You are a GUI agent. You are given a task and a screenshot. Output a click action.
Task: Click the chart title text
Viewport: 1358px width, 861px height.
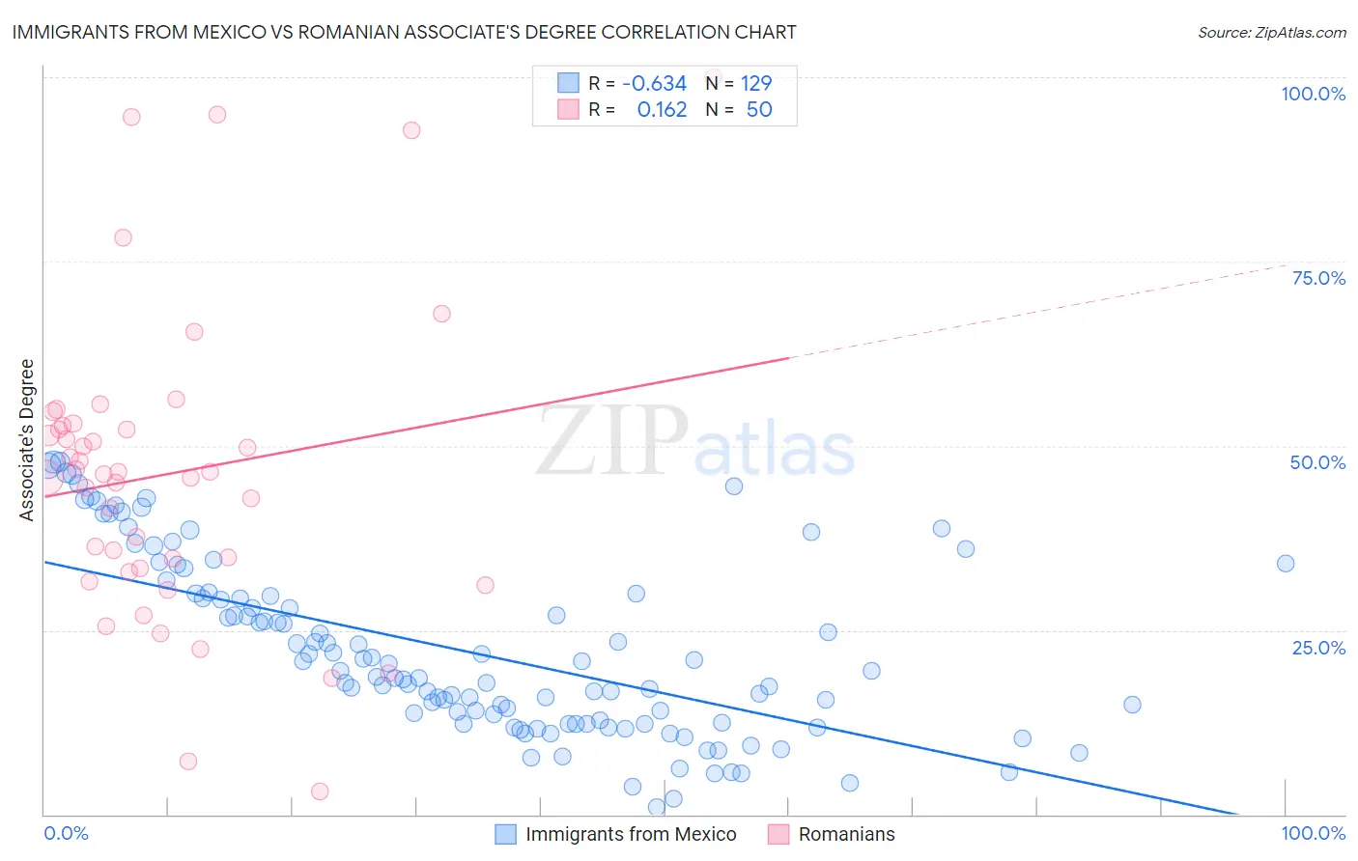pos(405,32)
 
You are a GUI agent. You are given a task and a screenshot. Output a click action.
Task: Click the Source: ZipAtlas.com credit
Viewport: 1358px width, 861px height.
pos(1271,33)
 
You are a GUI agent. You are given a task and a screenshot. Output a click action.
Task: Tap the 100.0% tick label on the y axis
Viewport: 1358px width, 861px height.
pos(1313,94)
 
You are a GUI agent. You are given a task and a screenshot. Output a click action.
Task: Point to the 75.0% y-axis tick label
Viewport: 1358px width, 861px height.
pos(1318,278)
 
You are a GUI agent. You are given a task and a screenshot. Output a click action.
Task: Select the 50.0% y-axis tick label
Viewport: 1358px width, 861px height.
pos(1317,462)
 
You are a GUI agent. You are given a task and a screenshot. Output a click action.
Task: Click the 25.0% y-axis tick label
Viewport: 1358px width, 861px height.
pos(1318,648)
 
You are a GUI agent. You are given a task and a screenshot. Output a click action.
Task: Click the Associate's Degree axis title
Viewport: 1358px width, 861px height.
pos(27,440)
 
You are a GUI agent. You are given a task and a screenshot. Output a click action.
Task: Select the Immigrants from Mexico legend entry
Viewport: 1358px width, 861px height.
pos(631,835)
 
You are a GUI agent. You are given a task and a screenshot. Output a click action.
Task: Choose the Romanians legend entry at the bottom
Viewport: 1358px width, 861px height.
pos(846,835)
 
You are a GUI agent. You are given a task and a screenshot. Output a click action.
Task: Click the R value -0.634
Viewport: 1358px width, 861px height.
pos(654,84)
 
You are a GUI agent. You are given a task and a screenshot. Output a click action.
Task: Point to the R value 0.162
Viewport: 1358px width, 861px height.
pos(662,110)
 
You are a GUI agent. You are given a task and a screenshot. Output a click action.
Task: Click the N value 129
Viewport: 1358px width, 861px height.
pos(756,84)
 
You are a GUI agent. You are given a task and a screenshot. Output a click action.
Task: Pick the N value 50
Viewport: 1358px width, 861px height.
pos(759,110)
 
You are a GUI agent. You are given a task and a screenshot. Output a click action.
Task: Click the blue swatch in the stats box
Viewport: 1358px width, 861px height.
pos(568,84)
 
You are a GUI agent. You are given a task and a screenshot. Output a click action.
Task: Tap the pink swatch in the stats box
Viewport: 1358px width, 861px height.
pos(568,110)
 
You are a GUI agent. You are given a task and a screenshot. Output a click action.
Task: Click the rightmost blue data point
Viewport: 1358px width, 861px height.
pos(1286,564)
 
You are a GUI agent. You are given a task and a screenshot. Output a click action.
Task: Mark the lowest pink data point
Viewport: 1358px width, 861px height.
pos(320,792)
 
